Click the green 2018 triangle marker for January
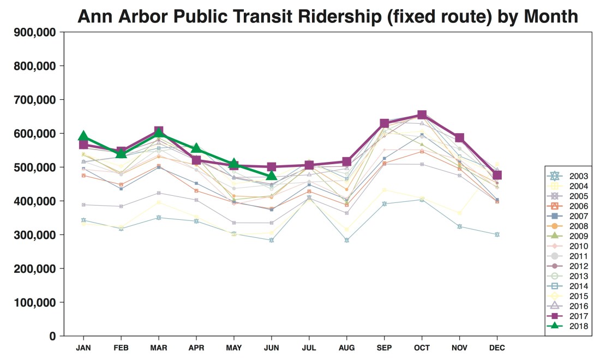tap(83, 136)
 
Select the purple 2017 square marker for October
tap(422, 115)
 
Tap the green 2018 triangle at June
tap(271, 175)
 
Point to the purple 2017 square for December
tap(497, 175)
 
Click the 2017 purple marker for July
tap(309, 165)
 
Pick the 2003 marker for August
tap(346, 240)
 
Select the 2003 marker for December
tap(497, 235)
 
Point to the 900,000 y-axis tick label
tap(33, 32)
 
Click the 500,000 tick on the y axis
tap(33, 167)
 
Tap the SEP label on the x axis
tap(384, 347)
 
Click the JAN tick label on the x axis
tap(83, 347)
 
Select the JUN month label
tap(271, 347)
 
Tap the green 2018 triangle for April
tap(196, 149)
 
